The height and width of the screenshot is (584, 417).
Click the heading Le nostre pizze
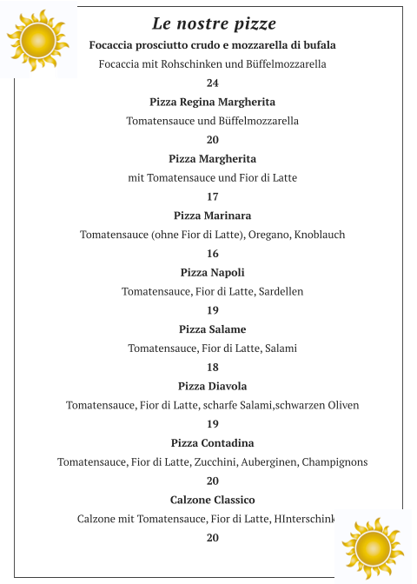tap(214, 23)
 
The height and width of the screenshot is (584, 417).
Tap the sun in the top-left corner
tap(37, 40)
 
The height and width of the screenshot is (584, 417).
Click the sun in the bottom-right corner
tap(373, 547)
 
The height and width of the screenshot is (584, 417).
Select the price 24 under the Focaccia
tap(213, 83)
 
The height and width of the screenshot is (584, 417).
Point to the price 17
tap(213, 196)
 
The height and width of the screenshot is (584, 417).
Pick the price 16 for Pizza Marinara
tap(213, 254)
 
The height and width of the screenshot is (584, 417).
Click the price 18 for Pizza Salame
tap(213, 368)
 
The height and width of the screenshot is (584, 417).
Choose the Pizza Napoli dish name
tap(213, 273)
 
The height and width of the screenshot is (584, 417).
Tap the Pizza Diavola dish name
tap(213, 386)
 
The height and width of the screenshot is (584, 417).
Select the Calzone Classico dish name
tap(213, 500)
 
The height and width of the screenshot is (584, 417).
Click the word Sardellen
tap(280, 292)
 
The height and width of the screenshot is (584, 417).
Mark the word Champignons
tap(334, 462)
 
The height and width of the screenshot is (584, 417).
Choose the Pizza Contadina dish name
tap(213, 443)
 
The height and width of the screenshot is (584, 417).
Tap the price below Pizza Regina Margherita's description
tap(213, 140)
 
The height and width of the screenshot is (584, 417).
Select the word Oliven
tap(341, 405)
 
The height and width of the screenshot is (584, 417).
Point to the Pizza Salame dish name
tap(213, 329)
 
